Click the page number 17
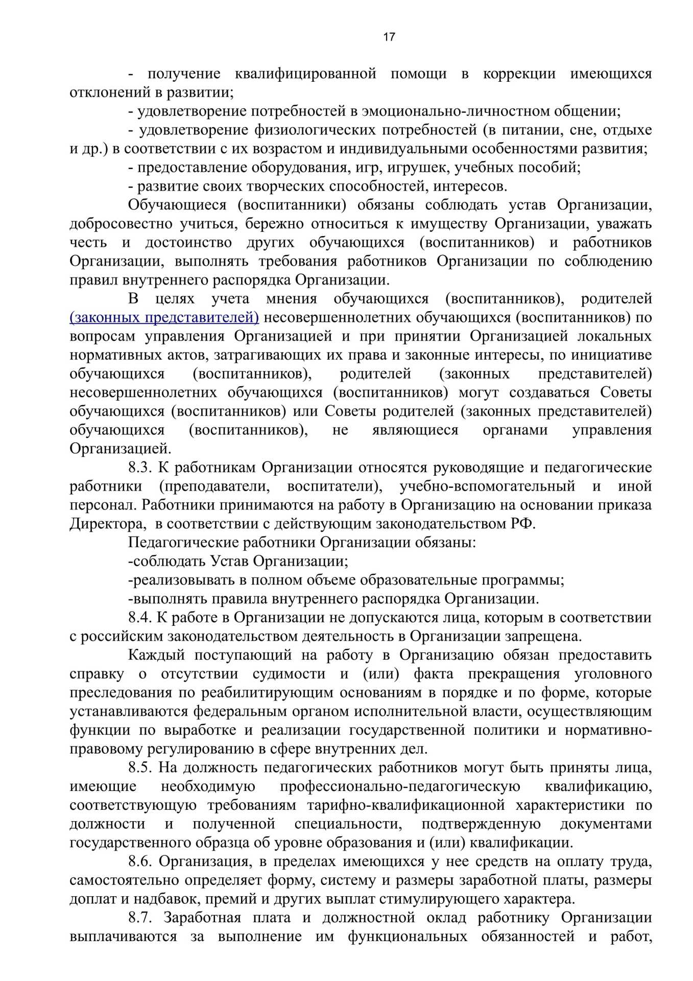tap(389, 37)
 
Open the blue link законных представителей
tap(164, 317)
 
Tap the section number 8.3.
tap(140, 468)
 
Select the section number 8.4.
tap(140, 618)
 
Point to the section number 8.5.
tap(140, 768)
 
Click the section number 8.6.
tap(140, 862)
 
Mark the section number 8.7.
tap(140, 918)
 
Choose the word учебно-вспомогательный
tap(487, 486)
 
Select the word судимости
tap(289, 674)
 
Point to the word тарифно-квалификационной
tap(405, 806)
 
